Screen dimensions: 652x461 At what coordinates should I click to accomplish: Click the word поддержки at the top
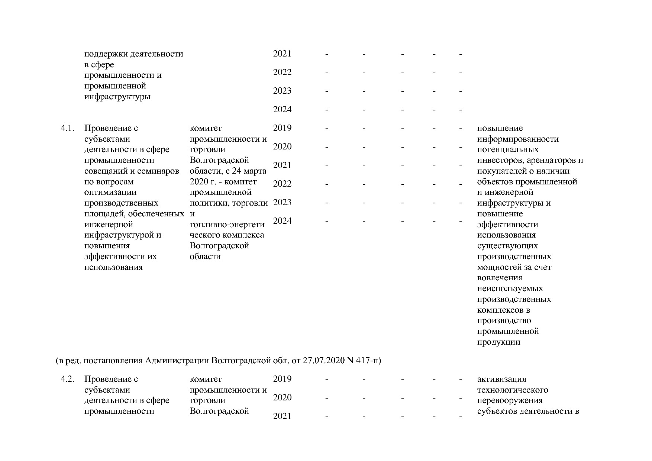coord(106,54)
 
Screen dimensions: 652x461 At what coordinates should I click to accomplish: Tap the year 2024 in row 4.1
coord(282,221)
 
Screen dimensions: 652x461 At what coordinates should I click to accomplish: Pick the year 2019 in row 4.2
coord(282,379)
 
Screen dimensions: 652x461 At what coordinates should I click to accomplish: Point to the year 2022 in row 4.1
coord(282,184)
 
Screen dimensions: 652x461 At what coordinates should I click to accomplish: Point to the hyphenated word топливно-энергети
coord(227,225)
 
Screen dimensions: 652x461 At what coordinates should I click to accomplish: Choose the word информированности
coord(518,139)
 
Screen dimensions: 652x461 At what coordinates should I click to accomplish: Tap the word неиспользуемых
coord(510,288)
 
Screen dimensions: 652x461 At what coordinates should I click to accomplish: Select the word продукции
coord(498,342)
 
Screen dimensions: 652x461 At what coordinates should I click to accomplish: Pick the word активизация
coord(501,379)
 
